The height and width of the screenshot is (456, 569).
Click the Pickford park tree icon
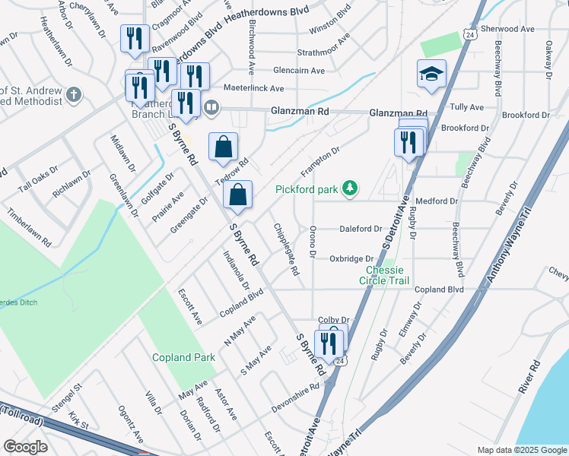[x=349, y=187]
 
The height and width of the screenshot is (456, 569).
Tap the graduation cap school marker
[x=431, y=74]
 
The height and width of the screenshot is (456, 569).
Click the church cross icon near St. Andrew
[x=73, y=95]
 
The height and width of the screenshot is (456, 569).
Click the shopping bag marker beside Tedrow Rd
[x=223, y=147]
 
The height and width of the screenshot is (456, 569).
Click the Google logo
[x=25, y=447]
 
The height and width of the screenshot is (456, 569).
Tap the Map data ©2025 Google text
[x=522, y=450]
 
